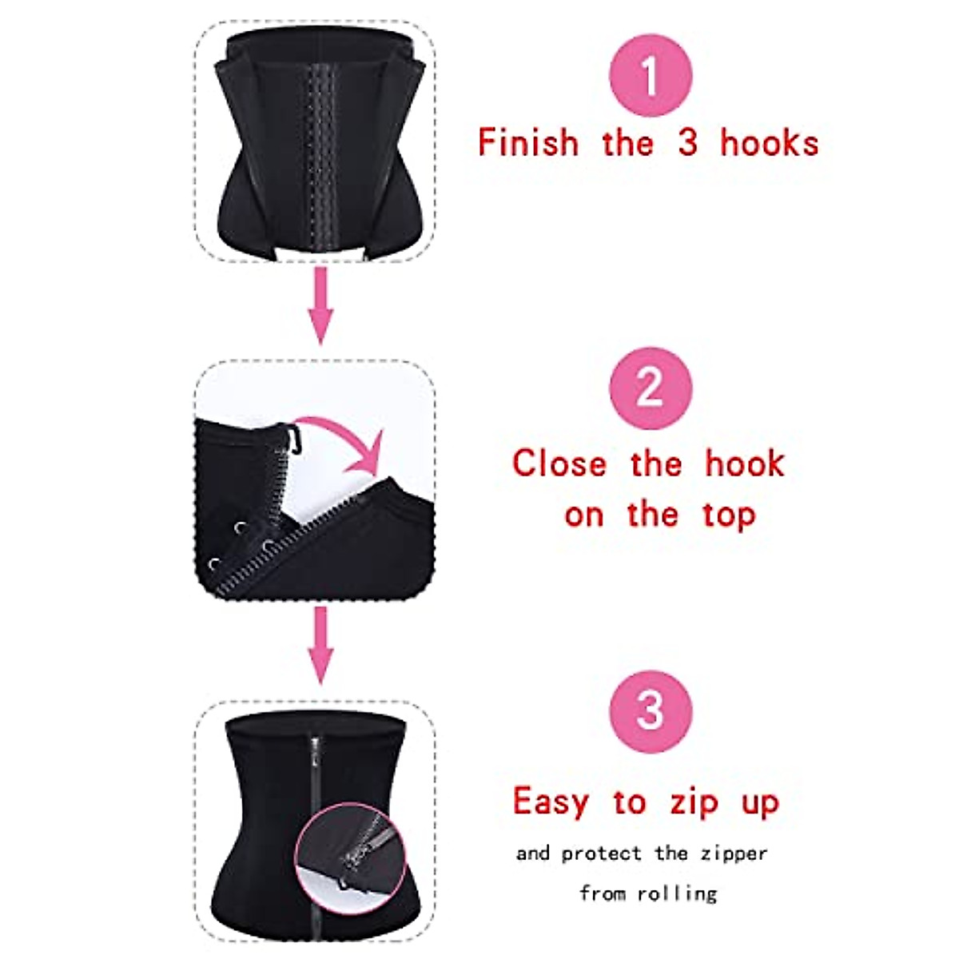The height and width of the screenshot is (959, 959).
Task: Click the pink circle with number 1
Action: [651, 78]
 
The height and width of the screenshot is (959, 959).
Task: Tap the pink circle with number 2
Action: [649, 388]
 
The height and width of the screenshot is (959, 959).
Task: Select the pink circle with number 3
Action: [649, 710]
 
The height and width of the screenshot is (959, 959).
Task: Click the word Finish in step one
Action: [528, 143]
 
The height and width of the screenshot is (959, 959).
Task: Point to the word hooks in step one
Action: [769, 143]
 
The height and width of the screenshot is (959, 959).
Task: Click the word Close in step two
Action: [559, 464]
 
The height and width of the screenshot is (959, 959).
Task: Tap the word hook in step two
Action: [745, 464]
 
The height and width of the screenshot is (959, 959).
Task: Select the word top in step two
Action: [729, 515]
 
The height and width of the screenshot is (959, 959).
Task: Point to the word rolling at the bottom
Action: [676, 893]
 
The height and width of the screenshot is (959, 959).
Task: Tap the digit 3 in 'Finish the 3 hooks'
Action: [687, 143]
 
